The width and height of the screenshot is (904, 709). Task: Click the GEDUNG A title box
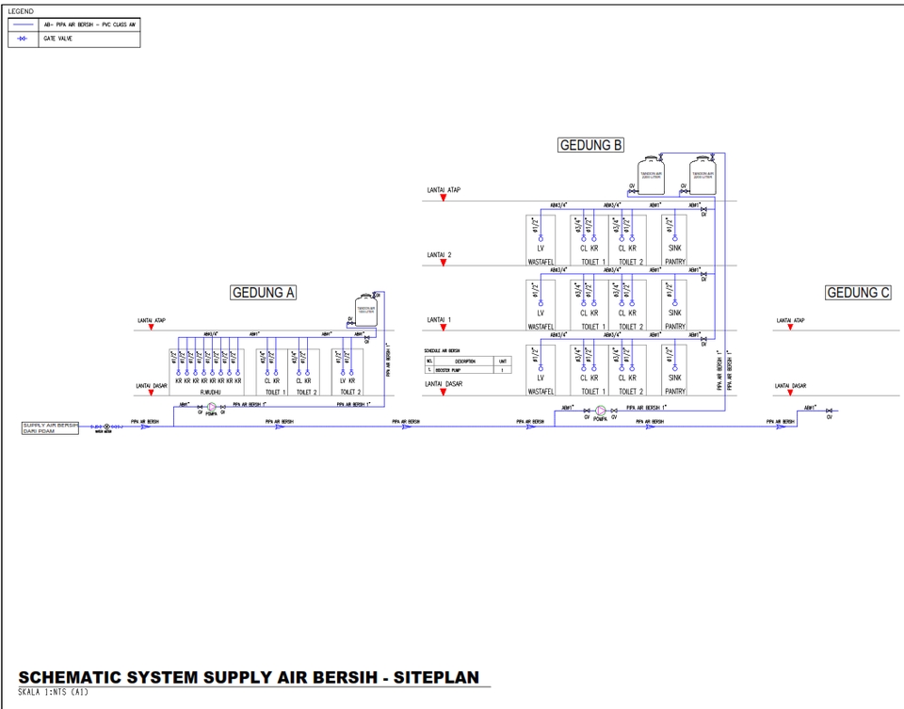[264, 293]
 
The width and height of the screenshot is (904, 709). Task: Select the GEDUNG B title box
[591, 146]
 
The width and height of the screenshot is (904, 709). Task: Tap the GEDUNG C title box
[858, 293]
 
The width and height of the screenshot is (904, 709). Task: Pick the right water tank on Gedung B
[702, 175]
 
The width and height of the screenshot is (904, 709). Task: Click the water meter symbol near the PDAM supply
[106, 427]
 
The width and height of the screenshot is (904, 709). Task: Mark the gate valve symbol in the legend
[23, 40]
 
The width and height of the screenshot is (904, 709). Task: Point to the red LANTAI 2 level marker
[443, 263]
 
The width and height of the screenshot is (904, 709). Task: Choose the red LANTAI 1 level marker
[443, 328]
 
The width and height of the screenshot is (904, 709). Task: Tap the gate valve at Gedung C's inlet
[829, 411]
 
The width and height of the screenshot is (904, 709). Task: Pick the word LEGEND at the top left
[20, 10]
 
